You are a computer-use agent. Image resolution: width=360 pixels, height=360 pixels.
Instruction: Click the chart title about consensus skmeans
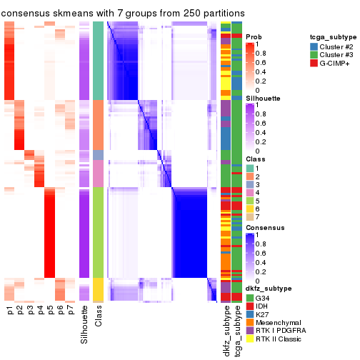point(123,13)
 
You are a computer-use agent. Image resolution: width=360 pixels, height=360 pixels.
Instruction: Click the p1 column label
point(10,311)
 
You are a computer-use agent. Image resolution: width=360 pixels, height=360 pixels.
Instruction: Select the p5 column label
point(50,311)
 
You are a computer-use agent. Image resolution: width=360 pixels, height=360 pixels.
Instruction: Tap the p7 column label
point(70,311)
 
